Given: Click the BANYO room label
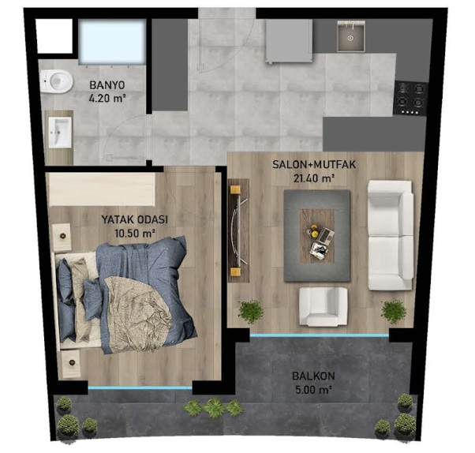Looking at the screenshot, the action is pos(107,85).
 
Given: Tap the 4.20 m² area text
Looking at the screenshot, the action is pos(107,99).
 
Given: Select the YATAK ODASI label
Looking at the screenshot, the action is pos(134,219).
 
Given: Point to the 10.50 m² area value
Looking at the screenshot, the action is pos(135,234).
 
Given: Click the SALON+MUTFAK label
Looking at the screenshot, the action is pos(314,164).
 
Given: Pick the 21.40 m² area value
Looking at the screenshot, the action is pos(314,178).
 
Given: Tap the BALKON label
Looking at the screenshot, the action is pos(313,376).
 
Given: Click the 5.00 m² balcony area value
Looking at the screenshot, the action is pos(313,390).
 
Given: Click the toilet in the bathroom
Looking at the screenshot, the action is pos(57,81).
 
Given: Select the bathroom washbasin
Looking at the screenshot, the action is pos(60,133).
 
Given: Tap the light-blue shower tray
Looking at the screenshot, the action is pos(112,42).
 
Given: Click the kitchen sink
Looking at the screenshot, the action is pos(351,36).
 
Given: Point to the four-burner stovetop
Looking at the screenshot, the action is pos(411,98).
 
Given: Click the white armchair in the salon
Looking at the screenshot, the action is pos(324,306).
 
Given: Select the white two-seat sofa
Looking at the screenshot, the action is pos(391,235).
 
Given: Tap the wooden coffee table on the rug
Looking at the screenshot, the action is pos(317,235).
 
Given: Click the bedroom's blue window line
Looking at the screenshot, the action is pos(140,387).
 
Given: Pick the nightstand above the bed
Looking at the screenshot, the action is pos(62,237).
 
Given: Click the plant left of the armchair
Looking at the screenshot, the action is pos(251,312).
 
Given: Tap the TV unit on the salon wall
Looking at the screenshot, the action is pos(238,230).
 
